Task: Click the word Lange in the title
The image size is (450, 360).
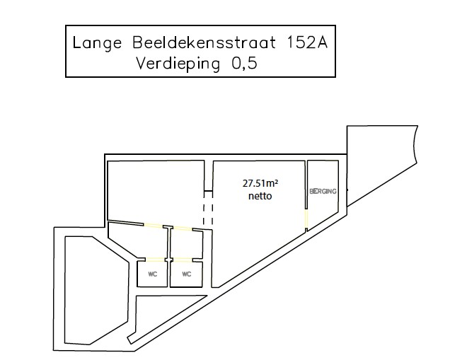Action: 97,43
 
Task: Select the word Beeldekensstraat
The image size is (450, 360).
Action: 204,42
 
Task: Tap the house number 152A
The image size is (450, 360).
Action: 307,42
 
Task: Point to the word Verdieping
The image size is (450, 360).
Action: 178,64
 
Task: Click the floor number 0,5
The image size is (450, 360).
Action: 244,64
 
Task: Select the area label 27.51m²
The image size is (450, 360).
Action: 260,183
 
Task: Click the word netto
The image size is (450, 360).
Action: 260,196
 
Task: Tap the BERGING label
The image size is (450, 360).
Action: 323,192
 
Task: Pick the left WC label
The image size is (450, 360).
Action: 153,274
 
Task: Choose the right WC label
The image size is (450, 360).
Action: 187,274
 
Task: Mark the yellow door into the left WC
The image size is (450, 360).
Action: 155,260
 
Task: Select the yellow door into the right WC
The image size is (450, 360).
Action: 183,260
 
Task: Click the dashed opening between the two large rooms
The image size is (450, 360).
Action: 208,214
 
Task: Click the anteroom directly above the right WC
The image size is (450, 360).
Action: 187,244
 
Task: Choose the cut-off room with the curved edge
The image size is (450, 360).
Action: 381,161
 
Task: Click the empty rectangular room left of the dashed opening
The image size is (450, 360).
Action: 156,191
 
